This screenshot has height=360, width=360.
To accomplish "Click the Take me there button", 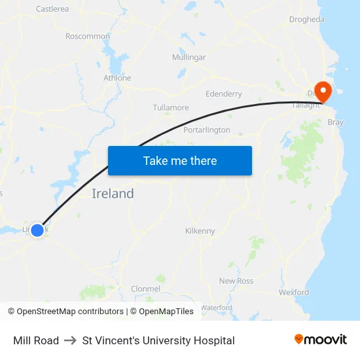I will (180, 160).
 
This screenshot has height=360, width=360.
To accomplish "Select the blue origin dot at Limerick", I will (37, 230).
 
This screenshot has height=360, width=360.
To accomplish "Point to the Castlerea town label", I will (52, 9).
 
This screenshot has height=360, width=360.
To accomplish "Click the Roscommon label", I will (88, 36).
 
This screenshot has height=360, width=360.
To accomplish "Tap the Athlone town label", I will (117, 78).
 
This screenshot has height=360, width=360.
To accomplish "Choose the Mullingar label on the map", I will (189, 58).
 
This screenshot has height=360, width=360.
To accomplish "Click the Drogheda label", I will (306, 20).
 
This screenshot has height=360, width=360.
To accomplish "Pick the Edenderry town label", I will (224, 94).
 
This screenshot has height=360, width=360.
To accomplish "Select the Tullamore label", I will (171, 108).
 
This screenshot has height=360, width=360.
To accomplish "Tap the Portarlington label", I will (207, 130).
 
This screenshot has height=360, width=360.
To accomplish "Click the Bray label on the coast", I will (335, 122).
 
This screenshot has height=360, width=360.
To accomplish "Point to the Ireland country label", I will (113, 194).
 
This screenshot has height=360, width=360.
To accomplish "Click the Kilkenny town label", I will (200, 231).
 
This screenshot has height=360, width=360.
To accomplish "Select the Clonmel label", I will (145, 289).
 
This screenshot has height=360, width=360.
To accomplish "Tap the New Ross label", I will (236, 281).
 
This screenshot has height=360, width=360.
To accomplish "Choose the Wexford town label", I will (294, 293).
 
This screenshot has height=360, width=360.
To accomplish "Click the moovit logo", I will (321, 340).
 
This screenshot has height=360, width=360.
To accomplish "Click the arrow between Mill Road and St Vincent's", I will (71, 340).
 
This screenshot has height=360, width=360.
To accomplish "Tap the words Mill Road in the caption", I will (36, 340).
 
